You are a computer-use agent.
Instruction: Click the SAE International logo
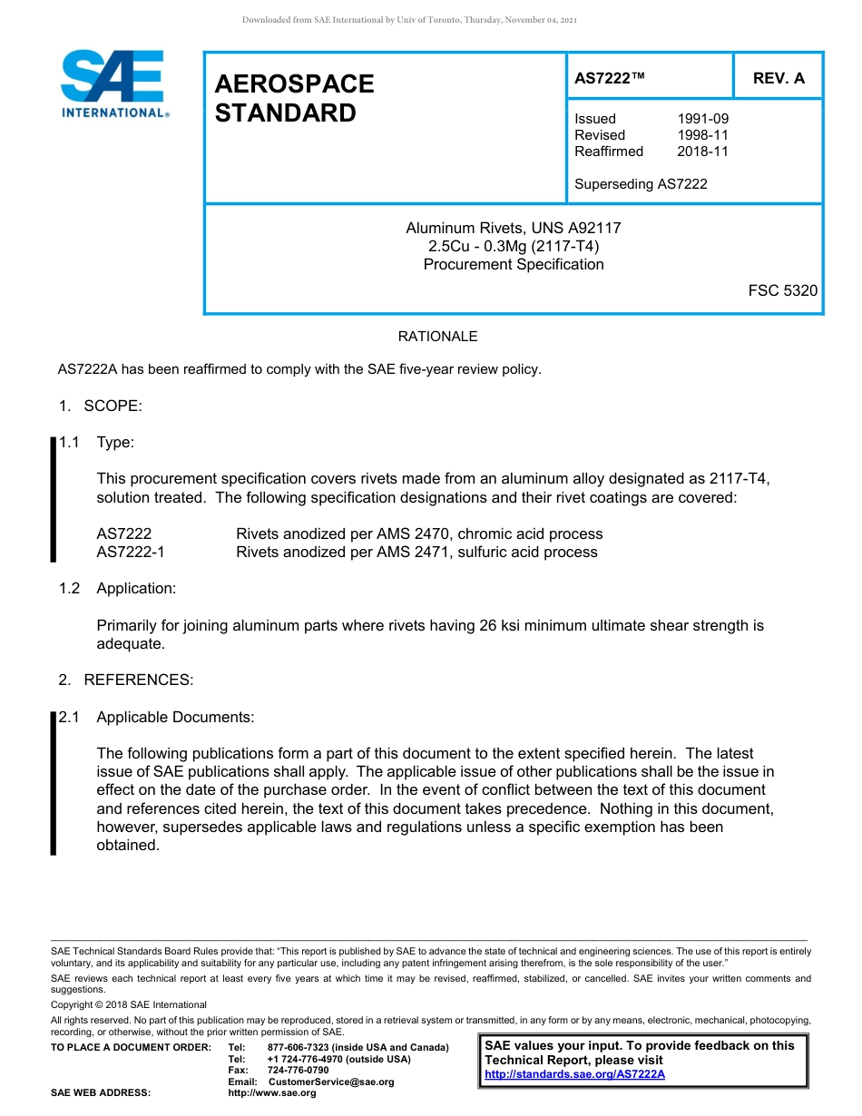click(x=113, y=83)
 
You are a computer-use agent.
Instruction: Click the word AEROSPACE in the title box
click(x=294, y=84)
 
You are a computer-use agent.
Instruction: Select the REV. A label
click(x=779, y=79)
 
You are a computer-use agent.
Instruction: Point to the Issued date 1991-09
click(x=702, y=119)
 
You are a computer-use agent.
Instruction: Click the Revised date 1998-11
click(x=702, y=135)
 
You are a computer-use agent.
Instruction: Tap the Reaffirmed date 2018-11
click(x=702, y=152)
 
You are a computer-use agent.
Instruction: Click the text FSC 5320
click(x=782, y=291)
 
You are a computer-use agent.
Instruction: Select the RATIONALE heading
click(x=437, y=337)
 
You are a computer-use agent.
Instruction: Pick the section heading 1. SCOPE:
click(x=101, y=406)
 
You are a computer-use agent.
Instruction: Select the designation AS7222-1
click(x=131, y=552)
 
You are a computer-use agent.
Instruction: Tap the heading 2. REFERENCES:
click(x=126, y=680)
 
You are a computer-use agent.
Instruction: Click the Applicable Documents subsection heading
click(x=175, y=717)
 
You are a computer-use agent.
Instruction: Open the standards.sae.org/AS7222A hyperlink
click(x=574, y=1074)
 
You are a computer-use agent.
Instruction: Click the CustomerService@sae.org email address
click(x=331, y=1082)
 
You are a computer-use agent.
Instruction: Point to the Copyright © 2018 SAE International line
click(x=129, y=1004)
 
